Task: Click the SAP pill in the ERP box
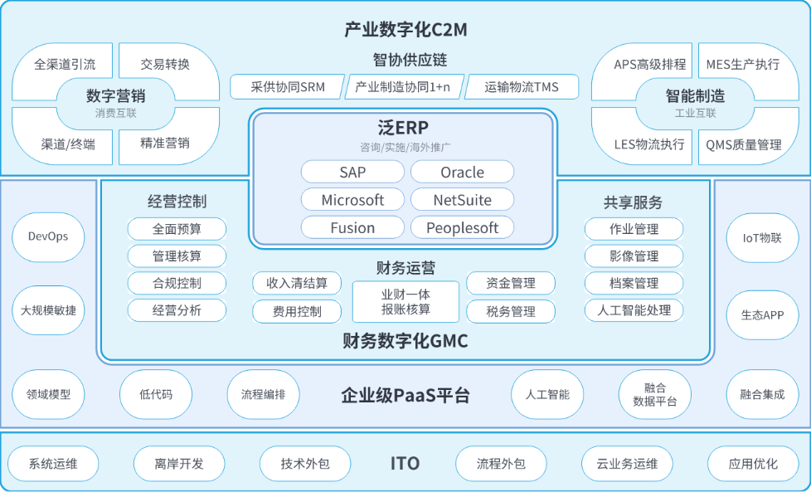[352, 172]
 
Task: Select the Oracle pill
[463, 172]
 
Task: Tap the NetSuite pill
[463, 200]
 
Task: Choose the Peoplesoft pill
[463, 227]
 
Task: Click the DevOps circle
[48, 237]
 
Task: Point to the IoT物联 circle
[762, 238]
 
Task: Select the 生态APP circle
[762, 315]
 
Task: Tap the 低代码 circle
[156, 394]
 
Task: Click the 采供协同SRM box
[288, 87]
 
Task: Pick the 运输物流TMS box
[522, 87]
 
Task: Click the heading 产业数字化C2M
[405, 30]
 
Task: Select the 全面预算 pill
[177, 229]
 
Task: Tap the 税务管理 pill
[511, 311]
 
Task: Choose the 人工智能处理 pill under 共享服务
[634, 310]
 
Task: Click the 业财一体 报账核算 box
[406, 302]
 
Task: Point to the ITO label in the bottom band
[405, 464]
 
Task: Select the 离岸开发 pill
[179, 464]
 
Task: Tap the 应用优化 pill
[753, 464]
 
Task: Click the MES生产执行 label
[743, 64]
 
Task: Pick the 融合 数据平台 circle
[655, 394]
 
